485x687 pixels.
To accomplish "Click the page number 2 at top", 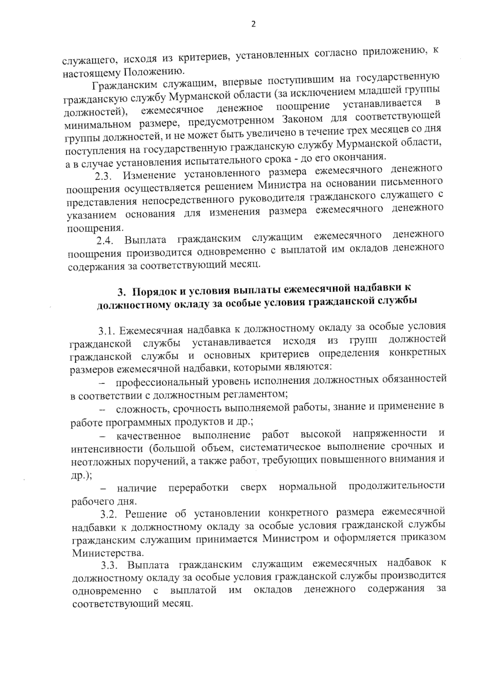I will (253, 24).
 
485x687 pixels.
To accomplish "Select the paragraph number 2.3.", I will (105, 177).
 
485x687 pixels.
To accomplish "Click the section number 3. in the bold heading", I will (121, 292).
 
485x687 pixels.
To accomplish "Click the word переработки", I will (198, 488).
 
